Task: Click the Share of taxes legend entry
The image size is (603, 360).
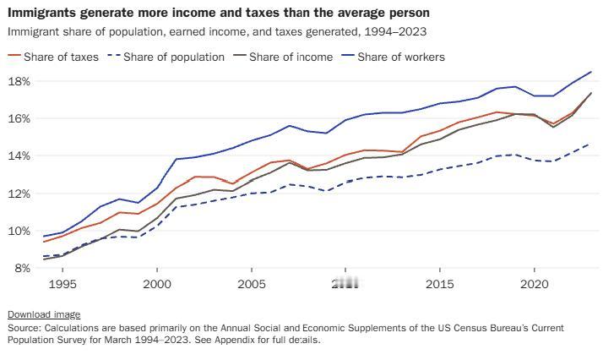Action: click(53, 57)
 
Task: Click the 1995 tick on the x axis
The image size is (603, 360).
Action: click(63, 285)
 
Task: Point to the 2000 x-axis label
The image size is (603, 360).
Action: click(157, 285)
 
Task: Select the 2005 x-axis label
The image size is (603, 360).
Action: click(252, 285)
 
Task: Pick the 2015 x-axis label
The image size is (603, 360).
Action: click(440, 285)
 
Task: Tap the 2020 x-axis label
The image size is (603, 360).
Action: click(535, 285)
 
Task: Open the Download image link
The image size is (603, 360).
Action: click(44, 314)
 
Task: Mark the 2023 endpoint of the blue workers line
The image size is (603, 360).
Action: click(590, 72)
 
